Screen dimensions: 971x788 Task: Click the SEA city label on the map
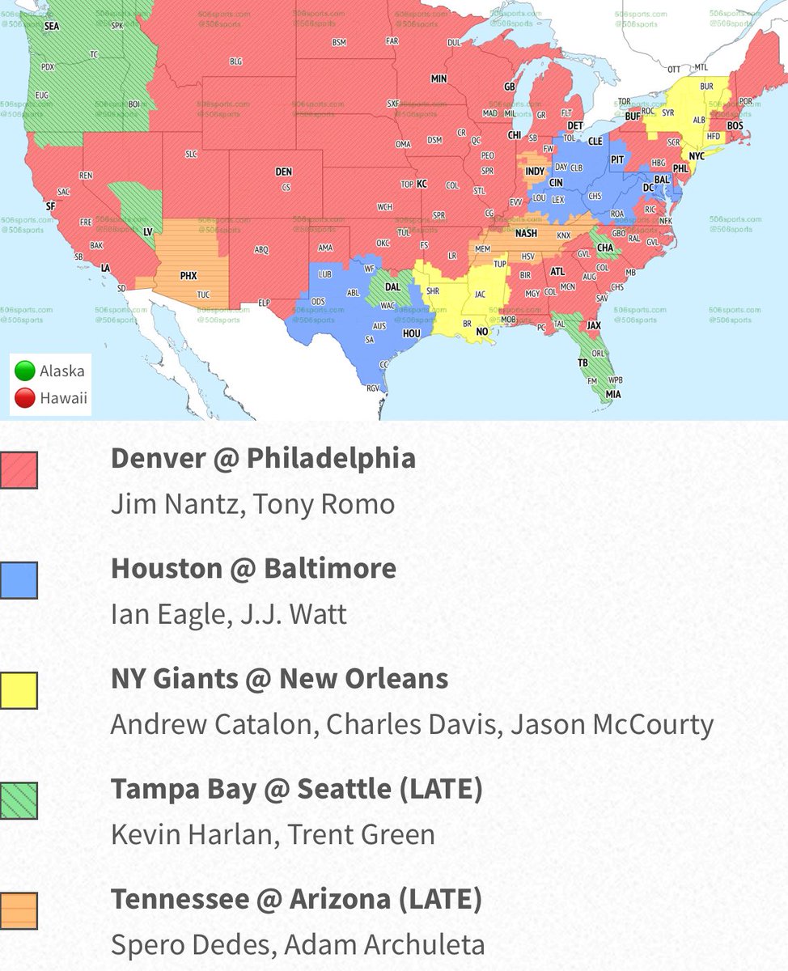point(52,26)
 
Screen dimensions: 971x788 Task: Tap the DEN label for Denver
point(283,172)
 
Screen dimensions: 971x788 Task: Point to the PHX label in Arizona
point(189,275)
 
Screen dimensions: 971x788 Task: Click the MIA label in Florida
point(613,394)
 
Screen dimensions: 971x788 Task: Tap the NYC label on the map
point(697,155)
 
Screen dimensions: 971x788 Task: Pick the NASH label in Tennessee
point(526,234)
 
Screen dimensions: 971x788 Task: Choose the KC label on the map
point(422,184)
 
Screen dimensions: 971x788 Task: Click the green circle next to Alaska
point(25,371)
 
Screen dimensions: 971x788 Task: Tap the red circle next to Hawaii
point(25,397)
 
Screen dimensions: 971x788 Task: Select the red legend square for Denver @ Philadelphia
point(19,470)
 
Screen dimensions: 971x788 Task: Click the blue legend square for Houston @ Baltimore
point(19,580)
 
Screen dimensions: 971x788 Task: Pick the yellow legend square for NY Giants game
point(19,690)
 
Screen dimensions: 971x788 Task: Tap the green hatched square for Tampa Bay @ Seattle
point(19,800)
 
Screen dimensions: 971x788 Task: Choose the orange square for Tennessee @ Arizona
point(19,910)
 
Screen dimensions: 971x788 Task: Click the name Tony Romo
point(324,504)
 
